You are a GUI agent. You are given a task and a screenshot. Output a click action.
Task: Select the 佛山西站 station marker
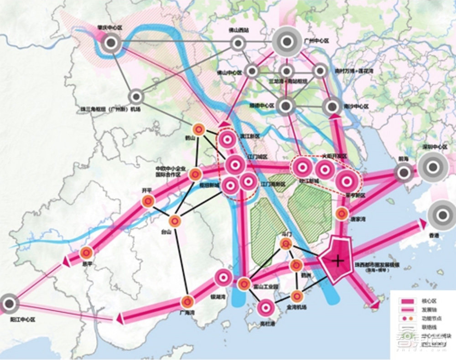coord(237,44)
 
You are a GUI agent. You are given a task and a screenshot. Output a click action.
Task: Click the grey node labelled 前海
coord(404,172)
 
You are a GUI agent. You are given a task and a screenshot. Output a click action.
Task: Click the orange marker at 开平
coord(147,201)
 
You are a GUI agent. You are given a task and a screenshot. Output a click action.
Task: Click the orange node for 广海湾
coord(187,301)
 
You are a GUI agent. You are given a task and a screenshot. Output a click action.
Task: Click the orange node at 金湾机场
coord(297,295)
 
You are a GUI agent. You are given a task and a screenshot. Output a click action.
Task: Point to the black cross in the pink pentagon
coord(337,261)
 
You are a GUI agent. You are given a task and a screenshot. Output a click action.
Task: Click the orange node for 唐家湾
coord(342,213)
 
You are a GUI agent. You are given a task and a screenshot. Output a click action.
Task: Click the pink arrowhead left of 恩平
coord(65,261)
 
